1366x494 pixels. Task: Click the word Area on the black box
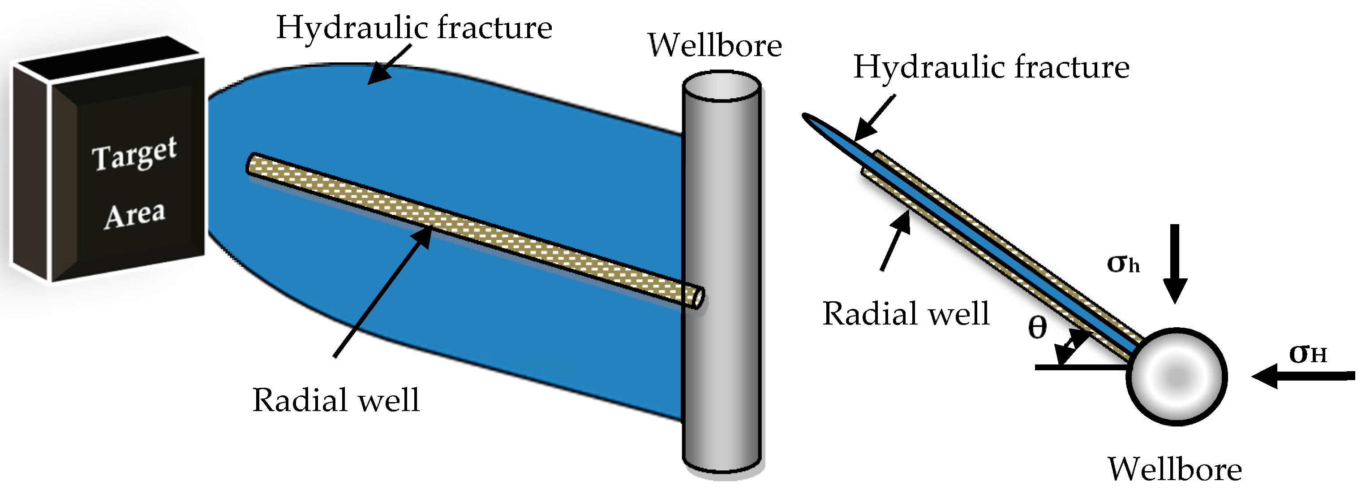tap(135, 215)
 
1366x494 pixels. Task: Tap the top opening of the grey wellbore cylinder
tap(721, 87)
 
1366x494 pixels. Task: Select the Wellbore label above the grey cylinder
tap(714, 46)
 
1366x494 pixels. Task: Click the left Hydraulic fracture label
tap(414, 28)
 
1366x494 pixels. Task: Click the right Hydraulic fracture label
tap(991, 67)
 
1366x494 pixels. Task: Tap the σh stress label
tap(1123, 263)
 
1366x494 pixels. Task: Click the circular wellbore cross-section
tap(1176, 377)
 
